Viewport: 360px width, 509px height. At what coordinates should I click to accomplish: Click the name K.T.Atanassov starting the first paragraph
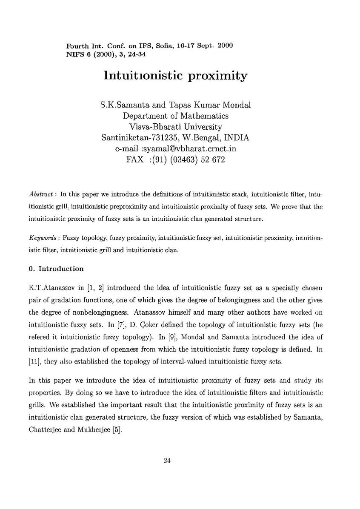(52, 284)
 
